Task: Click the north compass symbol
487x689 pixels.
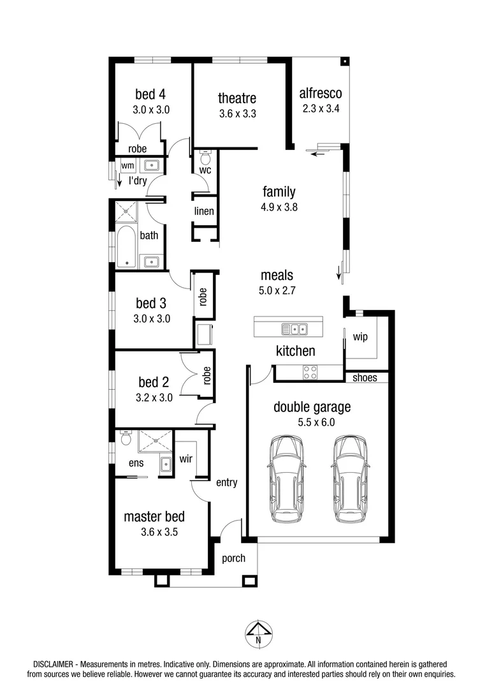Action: [258, 633]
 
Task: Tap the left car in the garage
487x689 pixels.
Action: [287, 478]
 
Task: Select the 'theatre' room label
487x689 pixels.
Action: [237, 98]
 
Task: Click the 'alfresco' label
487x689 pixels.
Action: [321, 94]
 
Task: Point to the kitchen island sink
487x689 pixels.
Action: [295, 329]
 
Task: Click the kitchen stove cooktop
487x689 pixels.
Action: [310, 372]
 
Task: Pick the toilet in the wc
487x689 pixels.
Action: [205, 157]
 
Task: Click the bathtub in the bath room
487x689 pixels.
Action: [127, 246]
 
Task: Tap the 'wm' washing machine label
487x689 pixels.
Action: [127, 166]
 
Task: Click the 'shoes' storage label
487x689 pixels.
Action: [365, 378]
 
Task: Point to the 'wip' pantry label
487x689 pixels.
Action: [360, 336]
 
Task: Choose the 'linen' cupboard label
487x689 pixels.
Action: [204, 211]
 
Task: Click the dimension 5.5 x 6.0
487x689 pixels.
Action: [312, 422]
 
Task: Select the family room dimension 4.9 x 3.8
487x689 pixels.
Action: [280, 207]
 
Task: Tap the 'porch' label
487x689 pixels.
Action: [233, 558]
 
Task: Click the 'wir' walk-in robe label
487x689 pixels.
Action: [185, 459]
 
